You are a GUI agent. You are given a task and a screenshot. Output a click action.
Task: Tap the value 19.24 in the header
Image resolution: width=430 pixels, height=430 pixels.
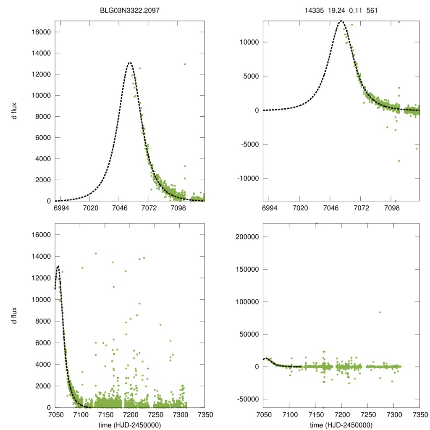point(335,9)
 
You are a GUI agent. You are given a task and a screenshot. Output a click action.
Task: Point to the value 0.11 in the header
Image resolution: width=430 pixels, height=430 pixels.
point(355,9)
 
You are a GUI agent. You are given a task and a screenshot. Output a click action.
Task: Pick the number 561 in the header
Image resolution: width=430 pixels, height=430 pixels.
point(372,9)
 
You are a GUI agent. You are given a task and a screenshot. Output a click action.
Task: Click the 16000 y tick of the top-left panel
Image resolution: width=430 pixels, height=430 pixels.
point(41,32)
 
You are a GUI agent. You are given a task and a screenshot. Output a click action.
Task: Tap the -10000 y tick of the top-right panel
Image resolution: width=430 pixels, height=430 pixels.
point(249,178)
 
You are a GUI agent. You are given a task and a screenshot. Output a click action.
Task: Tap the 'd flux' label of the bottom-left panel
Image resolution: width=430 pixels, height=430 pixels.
point(14,315)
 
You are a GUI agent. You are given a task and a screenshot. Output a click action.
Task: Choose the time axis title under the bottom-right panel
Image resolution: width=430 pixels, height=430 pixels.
point(341,425)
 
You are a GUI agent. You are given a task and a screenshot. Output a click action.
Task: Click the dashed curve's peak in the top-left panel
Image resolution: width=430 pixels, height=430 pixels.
point(129,63)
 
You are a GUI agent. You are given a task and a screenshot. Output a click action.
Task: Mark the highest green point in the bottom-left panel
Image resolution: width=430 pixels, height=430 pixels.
point(96,253)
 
